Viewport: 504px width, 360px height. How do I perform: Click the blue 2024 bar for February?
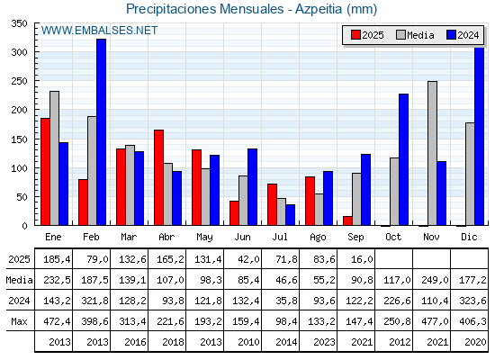(x=101, y=132)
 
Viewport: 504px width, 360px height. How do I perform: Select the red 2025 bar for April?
(x=158, y=177)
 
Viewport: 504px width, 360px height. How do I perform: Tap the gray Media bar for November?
(x=432, y=153)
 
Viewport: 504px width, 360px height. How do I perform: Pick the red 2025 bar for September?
(x=347, y=220)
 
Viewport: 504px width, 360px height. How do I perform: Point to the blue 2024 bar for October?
(x=404, y=160)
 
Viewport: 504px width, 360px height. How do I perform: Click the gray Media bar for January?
(x=54, y=158)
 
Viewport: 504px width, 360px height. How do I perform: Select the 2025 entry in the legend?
(x=367, y=35)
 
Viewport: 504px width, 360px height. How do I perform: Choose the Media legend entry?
(x=415, y=35)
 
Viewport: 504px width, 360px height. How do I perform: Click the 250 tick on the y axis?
(x=20, y=81)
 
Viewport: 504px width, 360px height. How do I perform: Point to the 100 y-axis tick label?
(x=20, y=167)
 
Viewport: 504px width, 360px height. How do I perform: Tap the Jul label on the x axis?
(x=280, y=237)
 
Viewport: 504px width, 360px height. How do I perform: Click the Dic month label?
(x=469, y=237)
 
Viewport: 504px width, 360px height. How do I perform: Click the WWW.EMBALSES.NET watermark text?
(x=99, y=31)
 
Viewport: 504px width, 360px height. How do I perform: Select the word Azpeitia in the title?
(x=319, y=9)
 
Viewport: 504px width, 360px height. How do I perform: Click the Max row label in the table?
(x=19, y=321)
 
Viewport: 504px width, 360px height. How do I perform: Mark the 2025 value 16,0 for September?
(x=362, y=259)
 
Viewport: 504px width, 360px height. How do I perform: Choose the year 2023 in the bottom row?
(x=324, y=342)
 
